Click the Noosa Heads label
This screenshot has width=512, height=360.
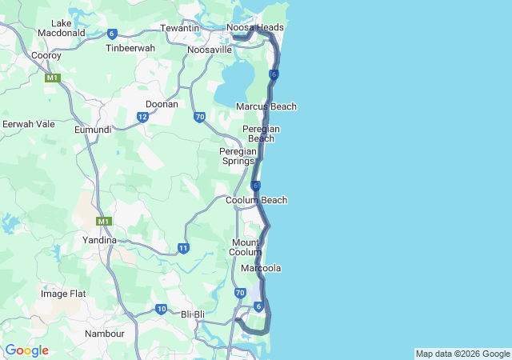coord(255,27)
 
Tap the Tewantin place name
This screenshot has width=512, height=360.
coord(179,27)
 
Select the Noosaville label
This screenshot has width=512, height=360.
coord(209,50)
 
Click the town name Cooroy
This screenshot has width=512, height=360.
coord(46,55)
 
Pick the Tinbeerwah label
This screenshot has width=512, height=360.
coord(130,48)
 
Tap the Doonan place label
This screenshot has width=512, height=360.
coord(162,104)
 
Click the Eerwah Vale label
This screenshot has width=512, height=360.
coord(28,124)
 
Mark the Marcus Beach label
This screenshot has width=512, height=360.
coord(266,106)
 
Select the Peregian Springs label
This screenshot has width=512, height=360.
coord(238,155)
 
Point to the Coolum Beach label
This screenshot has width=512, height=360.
coord(256,200)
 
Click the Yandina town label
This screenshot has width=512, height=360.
coord(100,239)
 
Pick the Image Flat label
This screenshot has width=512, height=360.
coord(63,294)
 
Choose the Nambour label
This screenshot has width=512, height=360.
coord(105,333)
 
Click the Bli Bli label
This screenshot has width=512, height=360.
coord(194,314)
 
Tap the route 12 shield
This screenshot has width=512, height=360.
coord(142,117)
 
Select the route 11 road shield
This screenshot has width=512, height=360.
coord(183,248)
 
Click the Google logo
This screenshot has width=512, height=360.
coord(27,350)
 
